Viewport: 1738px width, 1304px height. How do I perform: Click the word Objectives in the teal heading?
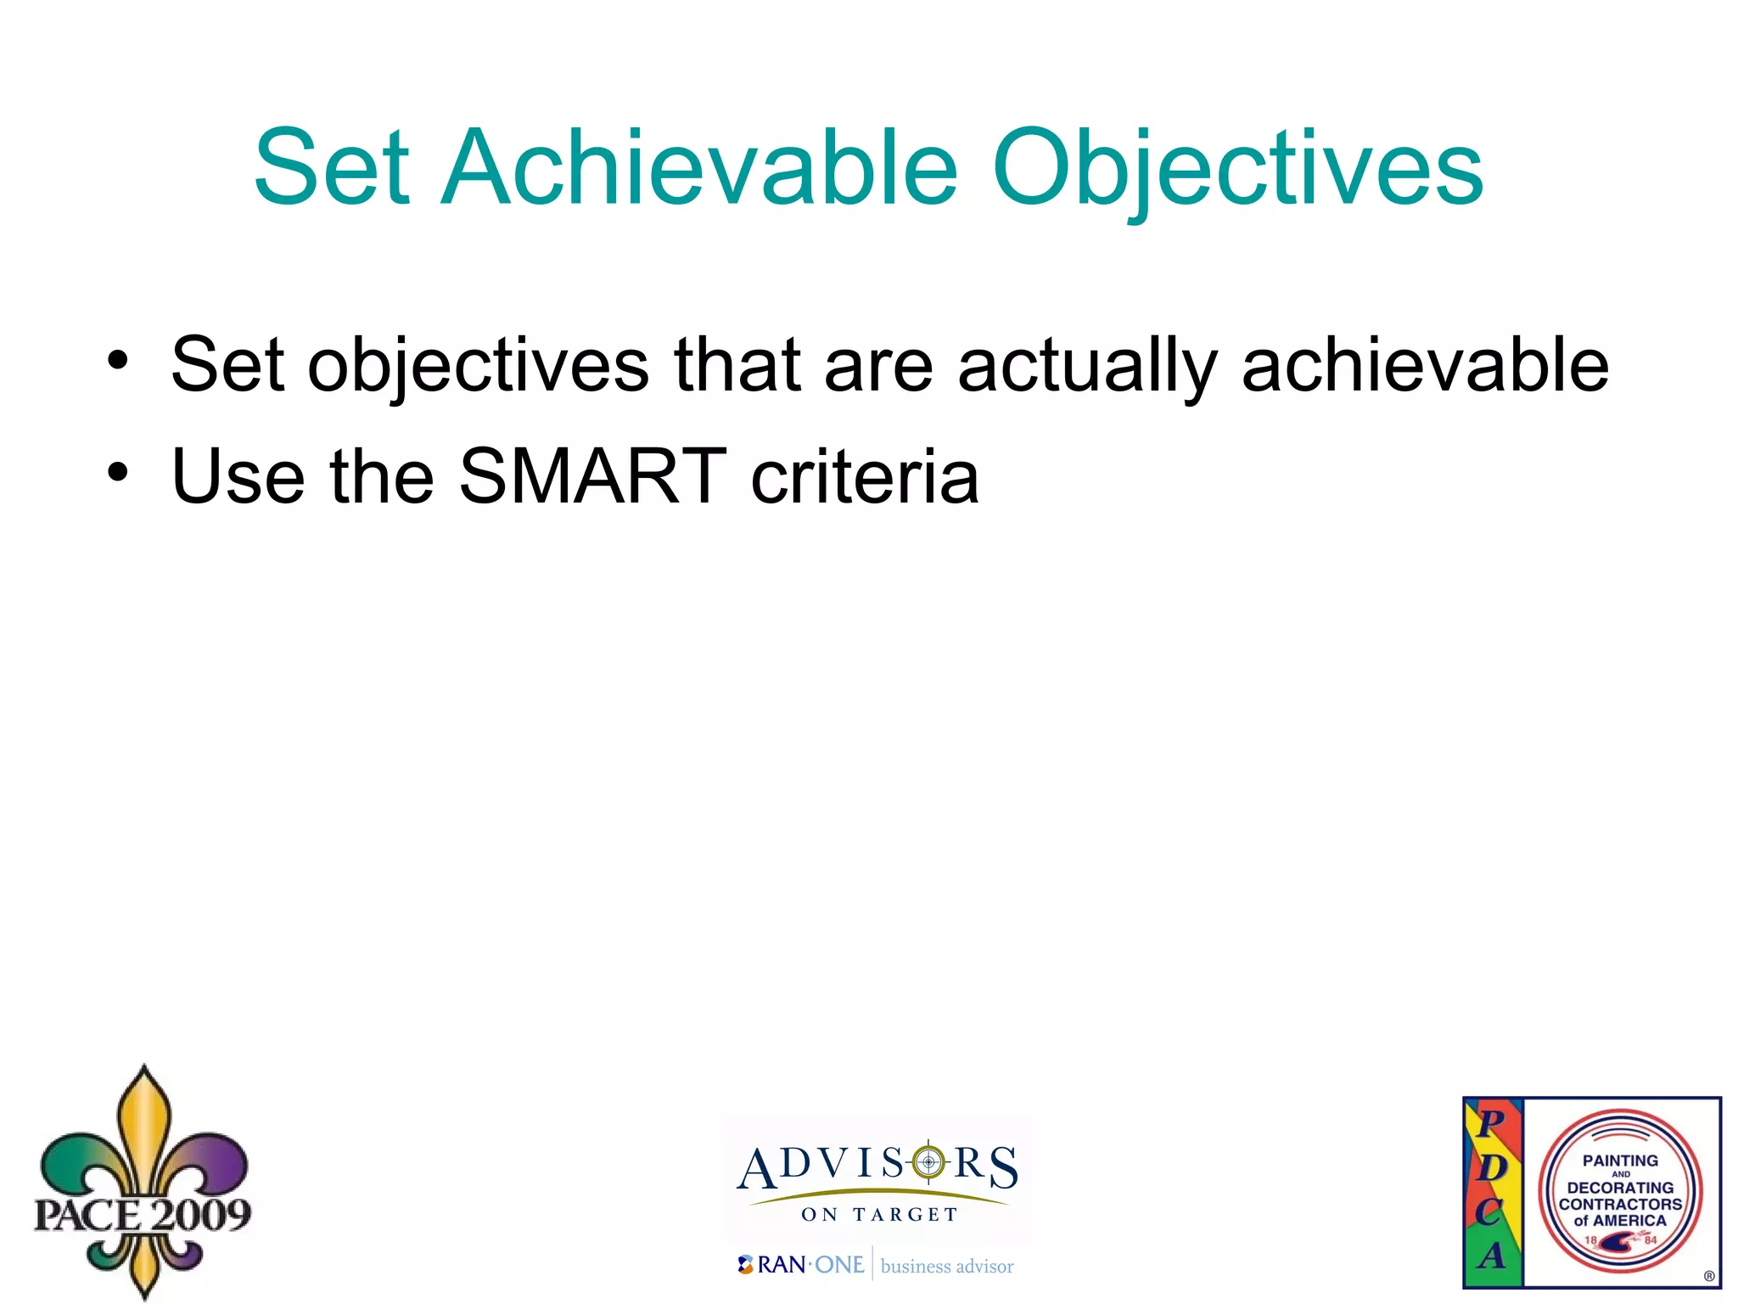(x=1237, y=167)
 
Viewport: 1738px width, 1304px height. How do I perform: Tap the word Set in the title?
(x=332, y=167)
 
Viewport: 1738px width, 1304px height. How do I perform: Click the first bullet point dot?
(x=118, y=361)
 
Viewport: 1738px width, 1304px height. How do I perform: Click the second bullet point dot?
(x=118, y=472)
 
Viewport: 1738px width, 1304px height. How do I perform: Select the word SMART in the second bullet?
(x=592, y=475)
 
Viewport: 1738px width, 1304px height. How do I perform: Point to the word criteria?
(x=865, y=475)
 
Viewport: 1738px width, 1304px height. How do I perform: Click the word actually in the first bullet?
(x=1087, y=366)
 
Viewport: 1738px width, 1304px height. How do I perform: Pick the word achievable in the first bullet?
(x=1425, y=364)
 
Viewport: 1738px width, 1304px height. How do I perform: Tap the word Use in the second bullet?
(x=238, y=475)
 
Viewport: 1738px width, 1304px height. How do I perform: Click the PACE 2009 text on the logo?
(x=143, y=1215)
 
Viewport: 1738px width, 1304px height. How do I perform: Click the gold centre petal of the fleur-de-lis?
(x=144, y=1129)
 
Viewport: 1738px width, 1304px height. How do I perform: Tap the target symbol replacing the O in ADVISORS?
(x=928, y=1162)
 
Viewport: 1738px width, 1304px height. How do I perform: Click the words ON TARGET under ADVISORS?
(x=878, y=1215)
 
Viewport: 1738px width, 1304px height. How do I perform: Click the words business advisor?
(x=947, y=1267)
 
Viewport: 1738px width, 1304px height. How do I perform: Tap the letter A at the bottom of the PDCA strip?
(x=1492, y=1255)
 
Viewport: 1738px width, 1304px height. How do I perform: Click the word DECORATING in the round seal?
(x=1620, y=1188)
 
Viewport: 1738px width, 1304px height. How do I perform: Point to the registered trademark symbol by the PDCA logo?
(x=1709, y=1276)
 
